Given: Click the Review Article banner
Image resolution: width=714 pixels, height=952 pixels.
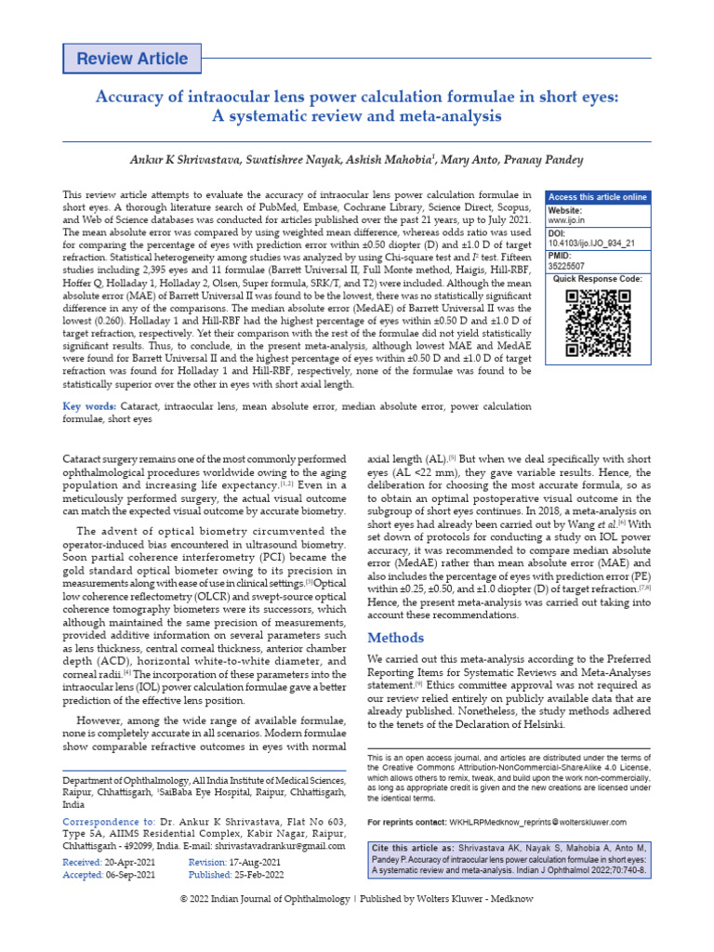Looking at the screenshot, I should [x=132, y=59].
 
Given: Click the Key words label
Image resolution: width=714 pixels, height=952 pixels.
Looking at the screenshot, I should [x=88, y=406].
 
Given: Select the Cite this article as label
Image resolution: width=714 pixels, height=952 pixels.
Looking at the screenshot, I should [x=413, y=849].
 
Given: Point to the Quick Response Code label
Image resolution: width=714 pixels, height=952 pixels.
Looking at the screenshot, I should [x=598, y=279].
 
